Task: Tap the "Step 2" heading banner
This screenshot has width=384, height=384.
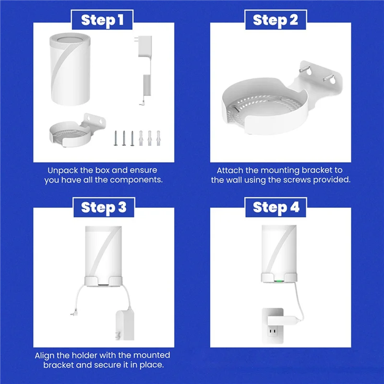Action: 276,20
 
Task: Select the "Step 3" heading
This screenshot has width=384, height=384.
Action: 103,207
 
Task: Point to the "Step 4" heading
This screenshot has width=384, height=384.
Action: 276,207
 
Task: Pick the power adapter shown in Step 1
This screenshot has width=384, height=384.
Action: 144,72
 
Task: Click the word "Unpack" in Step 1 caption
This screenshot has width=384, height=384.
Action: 61,170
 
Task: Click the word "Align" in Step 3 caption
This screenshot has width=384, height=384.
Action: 45,356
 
